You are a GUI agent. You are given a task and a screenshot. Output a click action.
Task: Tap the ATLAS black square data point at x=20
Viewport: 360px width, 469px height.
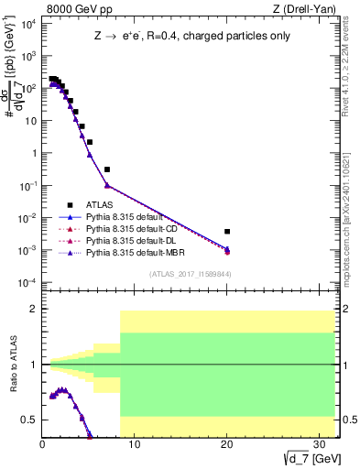(x=227, y=232)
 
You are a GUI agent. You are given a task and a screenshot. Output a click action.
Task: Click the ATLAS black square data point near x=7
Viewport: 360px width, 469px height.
(x=107, y=169)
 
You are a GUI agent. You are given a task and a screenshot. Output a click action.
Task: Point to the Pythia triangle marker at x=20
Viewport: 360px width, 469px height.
(x=227, y=250)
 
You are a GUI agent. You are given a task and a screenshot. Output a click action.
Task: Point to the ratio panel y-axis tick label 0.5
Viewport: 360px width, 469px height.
(x=30, y=420)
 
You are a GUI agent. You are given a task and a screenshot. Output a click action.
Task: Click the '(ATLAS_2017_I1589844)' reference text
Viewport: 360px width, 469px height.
(x=191, y=274)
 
